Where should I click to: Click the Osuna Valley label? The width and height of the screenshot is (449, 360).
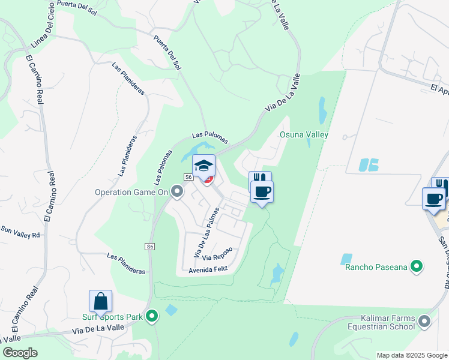[x=304, y=134]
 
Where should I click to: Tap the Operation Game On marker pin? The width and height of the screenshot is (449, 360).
[x=177, y=192]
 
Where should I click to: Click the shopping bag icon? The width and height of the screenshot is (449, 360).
[x=101, y=301]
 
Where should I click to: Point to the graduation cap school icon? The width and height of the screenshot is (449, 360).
[x=203, y=165]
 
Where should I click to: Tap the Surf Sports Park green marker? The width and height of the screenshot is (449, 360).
[x=152, y=315]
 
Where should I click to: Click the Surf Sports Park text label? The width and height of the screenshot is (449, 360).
[x=113, y=316]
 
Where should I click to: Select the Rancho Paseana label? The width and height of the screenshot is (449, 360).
[x=376, y=266]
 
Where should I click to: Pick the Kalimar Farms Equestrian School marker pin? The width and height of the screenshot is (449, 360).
[x=426, y=322]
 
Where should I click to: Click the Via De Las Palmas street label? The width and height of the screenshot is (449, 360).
[x=204, y=233]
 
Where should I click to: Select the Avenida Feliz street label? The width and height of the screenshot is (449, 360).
[x=209, y=269]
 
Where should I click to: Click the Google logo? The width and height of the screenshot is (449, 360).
[x=20, y=353]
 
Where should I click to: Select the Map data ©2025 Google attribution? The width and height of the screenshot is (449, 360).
[x=411, y=355]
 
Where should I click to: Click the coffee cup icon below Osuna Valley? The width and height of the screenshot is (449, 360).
[x=261, y=192]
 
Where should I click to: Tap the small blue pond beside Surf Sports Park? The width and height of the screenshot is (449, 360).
[x=171, y=310]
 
